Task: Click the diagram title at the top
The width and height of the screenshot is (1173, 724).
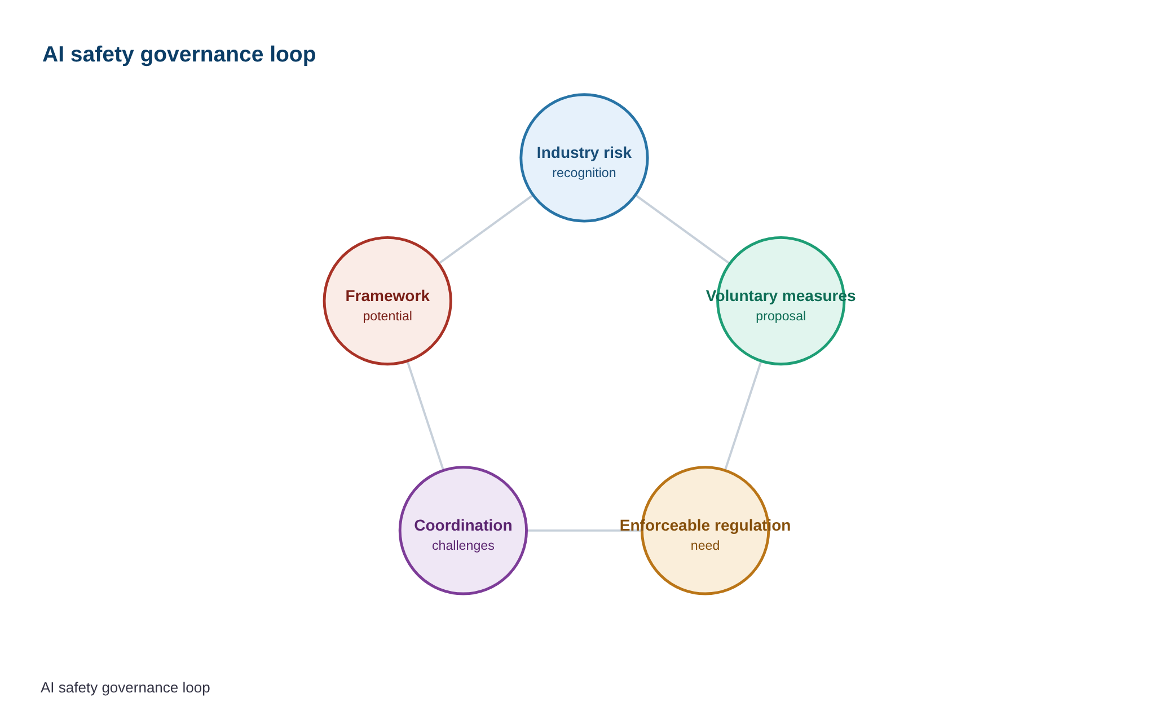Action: [179, 55]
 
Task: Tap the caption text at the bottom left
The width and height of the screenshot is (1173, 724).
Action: [125, 687]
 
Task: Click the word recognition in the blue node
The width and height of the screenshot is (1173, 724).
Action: [584, 173]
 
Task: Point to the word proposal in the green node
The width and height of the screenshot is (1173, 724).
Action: [780, 316]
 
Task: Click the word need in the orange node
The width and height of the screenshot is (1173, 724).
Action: [705, 546]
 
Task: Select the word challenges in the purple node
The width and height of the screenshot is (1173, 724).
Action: [463, 546]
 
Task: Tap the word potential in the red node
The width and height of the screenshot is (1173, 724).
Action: [387, 316]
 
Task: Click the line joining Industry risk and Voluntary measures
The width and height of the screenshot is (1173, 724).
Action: [682, 229]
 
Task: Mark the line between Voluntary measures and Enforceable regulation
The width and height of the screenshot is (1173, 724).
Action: [743, 416]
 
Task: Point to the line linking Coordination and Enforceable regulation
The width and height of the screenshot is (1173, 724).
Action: [584, 531]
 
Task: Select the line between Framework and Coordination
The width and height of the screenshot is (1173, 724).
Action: [425, 416]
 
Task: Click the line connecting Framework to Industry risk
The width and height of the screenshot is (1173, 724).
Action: [486, 229]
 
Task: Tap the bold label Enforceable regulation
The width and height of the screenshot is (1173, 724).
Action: [705, 526]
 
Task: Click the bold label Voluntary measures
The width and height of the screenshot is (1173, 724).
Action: [780, 296]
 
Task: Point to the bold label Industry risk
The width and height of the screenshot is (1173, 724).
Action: [584, 153]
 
